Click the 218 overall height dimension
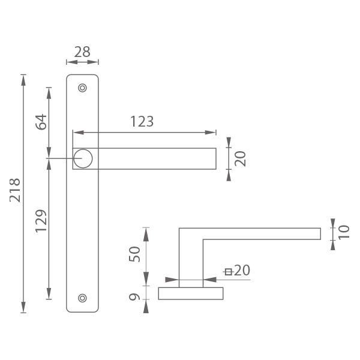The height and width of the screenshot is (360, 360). [15, 190]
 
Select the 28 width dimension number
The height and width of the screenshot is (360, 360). [82, 52]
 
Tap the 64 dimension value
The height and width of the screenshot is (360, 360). [41, 122]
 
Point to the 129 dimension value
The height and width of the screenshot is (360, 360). [41, 221]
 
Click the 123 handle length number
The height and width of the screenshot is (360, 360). [142, 121]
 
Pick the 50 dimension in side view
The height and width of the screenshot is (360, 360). [134, 254]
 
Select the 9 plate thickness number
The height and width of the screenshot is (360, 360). [134, 297]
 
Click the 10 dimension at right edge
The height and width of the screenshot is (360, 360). [344, 232]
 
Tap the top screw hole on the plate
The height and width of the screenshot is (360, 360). [82, 88]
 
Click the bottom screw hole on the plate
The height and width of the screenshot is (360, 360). [82, 298]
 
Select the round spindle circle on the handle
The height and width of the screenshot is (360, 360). [83, 158]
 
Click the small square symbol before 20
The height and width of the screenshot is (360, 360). [228, 272]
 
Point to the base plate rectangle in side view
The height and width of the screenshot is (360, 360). [191, 293]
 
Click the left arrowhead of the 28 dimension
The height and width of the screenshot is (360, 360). [72, 62]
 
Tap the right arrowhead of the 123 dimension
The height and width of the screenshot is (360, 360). [211, 133]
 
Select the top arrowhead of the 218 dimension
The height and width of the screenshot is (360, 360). [23, 80]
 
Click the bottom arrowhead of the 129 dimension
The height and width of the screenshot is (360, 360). [49, 293]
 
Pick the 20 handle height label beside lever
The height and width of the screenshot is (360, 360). [240, 158]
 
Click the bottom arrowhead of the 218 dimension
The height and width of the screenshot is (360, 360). [23, 307]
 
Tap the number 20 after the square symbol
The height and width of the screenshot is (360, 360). [242, 270]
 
